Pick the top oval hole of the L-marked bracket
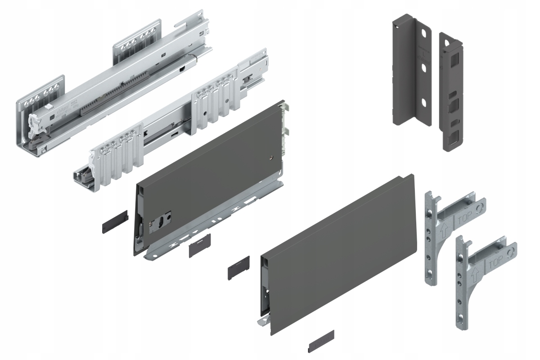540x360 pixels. (x=423, y=35)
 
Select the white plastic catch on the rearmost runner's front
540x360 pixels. (x=36, y=123)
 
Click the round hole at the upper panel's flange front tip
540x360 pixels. (x=149, y=256)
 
